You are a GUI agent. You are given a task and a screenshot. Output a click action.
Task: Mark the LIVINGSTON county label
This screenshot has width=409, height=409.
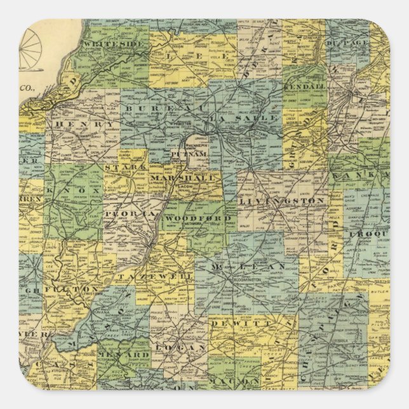coord(283,201)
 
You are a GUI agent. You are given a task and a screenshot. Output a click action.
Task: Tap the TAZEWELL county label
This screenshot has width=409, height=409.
coord(154,278)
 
